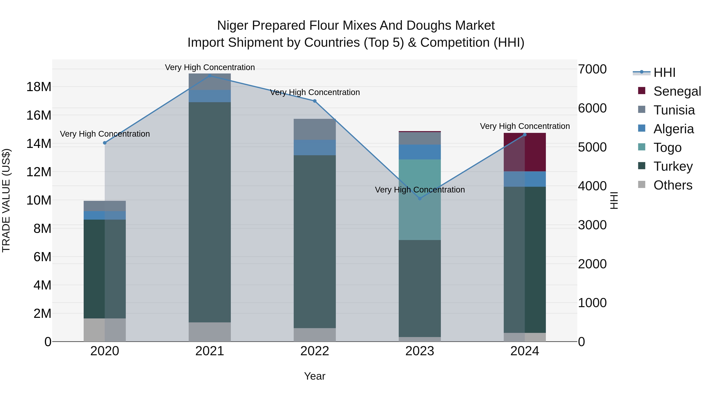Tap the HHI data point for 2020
click(x=105, y=143)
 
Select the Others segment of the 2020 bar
click(x=105, y=330)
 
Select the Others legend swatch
click(x=642, y=185)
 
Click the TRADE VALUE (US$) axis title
click(x=6, y=200)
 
